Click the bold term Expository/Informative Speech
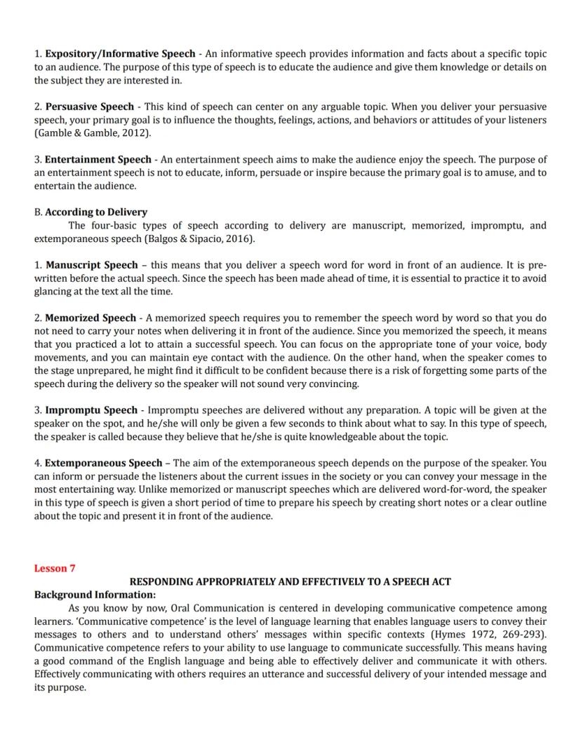[x=121, y=54]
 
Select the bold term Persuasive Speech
[x=90, y=107]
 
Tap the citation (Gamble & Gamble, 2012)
[x=93, y=133]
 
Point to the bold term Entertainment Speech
[x=98, y=160]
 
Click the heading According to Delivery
[x=96, y=212]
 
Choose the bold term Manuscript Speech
[x=92, y=266]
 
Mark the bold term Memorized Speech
[x=91, y=318]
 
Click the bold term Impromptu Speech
[x=92, y=410]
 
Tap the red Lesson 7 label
[x=55, y=569]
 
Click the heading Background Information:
[x=95, y=595]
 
